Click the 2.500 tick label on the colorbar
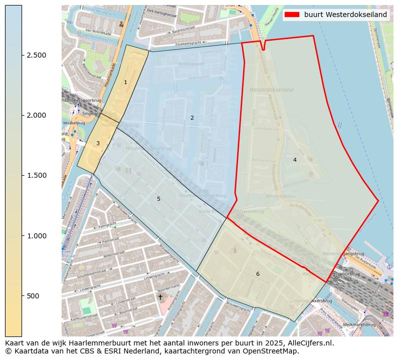37,55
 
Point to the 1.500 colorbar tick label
37,175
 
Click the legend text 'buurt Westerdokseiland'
345,15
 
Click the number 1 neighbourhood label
125,82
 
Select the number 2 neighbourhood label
192,118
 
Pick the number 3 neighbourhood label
98,143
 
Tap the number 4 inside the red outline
295,160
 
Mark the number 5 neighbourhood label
158,199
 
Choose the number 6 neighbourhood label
258,274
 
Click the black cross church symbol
160,297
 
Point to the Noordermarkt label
168,290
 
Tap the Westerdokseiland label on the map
271,90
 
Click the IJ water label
339,125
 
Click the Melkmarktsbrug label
360,324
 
